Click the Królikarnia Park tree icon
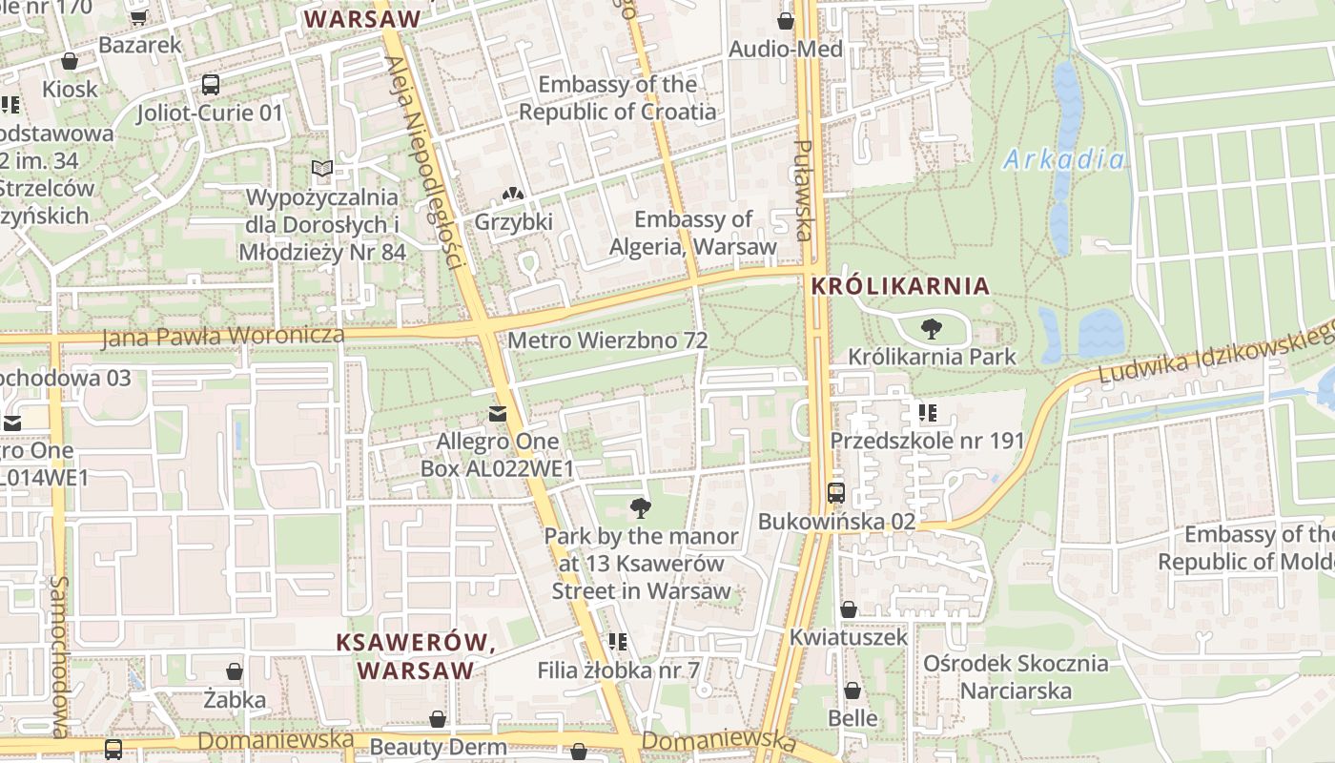(931, 330)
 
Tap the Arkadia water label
(1063, 159)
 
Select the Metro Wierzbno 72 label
(607, 340)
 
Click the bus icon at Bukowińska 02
(836, 493)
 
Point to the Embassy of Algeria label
(693, 233)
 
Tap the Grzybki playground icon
(513, 195)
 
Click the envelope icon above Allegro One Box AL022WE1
(497, 414)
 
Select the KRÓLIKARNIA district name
(900, 286)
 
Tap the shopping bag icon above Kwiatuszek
(849, 609)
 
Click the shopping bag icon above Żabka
(235, 672)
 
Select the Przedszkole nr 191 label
(927, 441)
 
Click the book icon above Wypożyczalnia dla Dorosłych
(322, 169)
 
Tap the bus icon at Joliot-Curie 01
(211, 85)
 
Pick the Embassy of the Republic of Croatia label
(617, 98)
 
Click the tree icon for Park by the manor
(641, 507)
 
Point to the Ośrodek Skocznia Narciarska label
(1016, 676)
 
